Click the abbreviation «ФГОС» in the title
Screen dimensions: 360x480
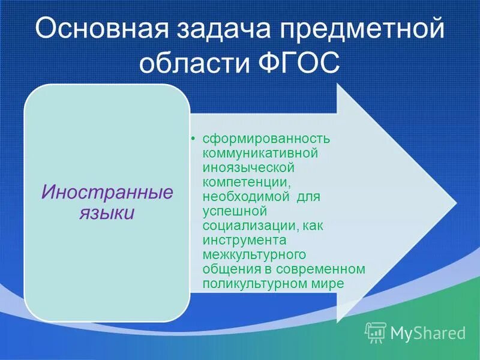tap(307, 63)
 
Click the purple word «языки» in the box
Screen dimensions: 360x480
tap(107, 213)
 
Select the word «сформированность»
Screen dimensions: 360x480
tap(266, 139)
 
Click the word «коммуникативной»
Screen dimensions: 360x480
tap(259, 153)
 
